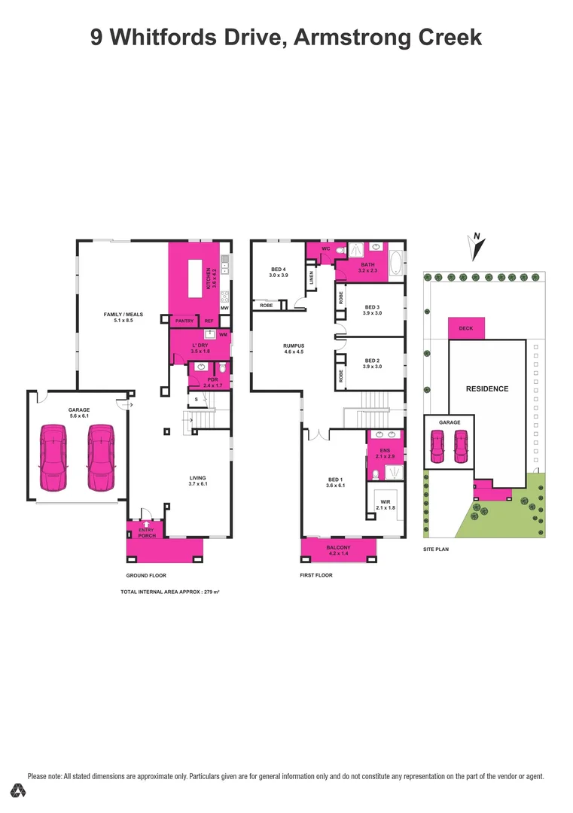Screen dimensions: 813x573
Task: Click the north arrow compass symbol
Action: (x=476, y=245)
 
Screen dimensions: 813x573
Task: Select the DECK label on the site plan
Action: (x=466, y=328)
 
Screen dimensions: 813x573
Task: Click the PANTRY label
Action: (x=184, y=321)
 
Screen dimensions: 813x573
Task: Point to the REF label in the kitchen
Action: (x=209, y=321)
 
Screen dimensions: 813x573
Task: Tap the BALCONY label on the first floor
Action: (x=339, y=547)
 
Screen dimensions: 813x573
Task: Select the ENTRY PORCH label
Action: (x=146, y=533)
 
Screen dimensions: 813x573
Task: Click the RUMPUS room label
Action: (x=292, y=346)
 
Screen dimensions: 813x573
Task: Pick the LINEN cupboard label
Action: (x=310, y=278)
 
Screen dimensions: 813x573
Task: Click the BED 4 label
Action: (x=278, y=269)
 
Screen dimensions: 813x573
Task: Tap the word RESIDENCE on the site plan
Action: (x=487, y=389)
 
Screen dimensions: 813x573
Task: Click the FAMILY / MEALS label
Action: (x=123, y=315)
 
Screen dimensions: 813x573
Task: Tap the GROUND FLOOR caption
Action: (x=146, y=575)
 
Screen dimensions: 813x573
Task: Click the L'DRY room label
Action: (x=200, y=346)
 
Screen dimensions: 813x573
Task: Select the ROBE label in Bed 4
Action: (x=267, y=305)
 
